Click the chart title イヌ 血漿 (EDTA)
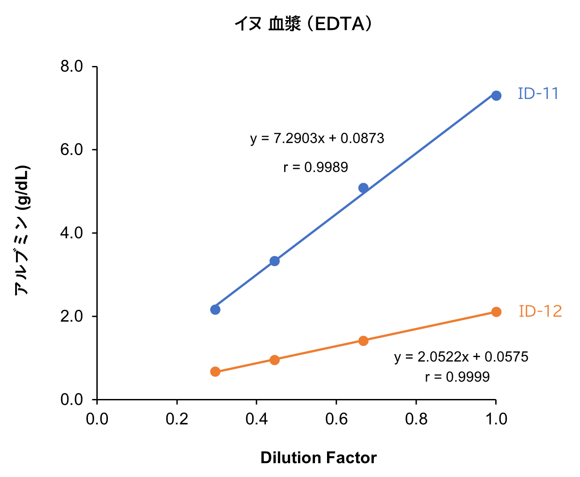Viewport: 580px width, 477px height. click(303, 24)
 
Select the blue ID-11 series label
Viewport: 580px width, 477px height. click(538, 94)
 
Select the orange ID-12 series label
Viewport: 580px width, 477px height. click(540, 311)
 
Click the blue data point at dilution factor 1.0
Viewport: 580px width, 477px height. click(496, 95)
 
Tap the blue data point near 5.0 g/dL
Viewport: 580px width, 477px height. click(363, 188)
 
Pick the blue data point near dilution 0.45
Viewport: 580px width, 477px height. click(274, 261)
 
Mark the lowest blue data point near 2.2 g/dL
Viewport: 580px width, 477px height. click(215, 309)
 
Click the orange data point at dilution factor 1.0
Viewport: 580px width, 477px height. click(496, 312)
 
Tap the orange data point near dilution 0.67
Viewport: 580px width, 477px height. click(363, 341)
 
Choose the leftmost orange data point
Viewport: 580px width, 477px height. click(215, 371)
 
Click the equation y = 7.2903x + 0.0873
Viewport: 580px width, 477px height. click(317, 139)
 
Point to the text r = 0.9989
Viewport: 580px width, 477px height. click(315, 167)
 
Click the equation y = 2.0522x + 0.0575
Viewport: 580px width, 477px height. click(461, 357)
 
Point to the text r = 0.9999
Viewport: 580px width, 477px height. click(457, 377)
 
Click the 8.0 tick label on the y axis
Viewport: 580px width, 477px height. click(71, 66)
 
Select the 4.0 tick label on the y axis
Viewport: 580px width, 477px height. click(71, 233)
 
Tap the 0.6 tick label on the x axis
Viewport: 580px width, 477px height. click(336, 419)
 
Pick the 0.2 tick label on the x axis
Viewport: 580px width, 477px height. click(177, 419)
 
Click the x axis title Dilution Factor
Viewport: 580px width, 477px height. click(319, 458)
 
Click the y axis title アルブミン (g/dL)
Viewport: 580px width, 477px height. click(22, 230)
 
